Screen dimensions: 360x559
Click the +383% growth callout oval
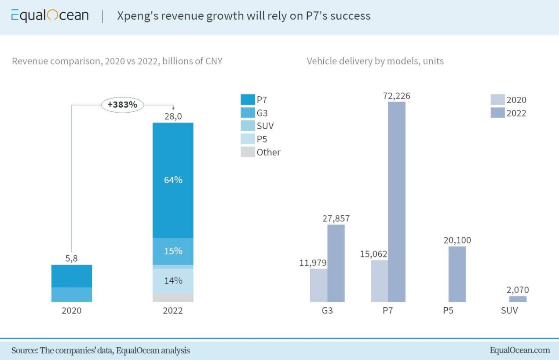point(123,105)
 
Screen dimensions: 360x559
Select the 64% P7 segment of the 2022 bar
point(173,180)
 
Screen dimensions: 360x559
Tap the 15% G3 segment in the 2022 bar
point(173,251)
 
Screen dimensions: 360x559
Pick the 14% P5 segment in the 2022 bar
point(173,280)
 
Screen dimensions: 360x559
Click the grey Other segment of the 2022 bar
point(173,298)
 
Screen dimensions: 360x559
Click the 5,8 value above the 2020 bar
point(72,258)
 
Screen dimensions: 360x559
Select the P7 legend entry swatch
point(248,100)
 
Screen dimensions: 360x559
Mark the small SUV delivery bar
point(518,299)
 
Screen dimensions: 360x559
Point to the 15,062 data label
point(373,254)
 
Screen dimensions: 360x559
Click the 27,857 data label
point(336,218)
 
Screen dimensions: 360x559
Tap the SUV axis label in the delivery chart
point(509,310)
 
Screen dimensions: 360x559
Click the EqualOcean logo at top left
point(50,16)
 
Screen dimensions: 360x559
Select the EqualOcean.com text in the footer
point(519,350)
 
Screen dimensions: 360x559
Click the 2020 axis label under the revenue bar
point(72,310)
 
